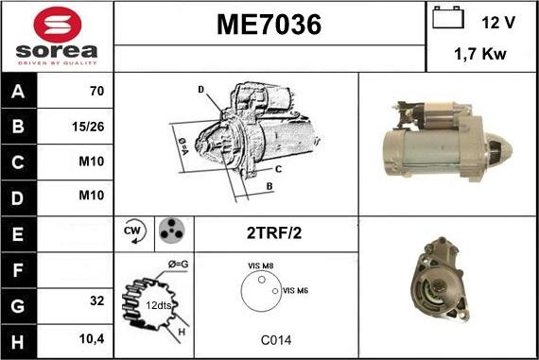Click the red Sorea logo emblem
58,25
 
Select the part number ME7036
269,25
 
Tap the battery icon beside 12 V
448,18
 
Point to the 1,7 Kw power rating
480,54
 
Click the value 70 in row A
97,91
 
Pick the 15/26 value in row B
88,127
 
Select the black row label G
18,306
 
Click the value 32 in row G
97,300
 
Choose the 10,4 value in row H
92,339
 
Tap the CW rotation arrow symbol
134,231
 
